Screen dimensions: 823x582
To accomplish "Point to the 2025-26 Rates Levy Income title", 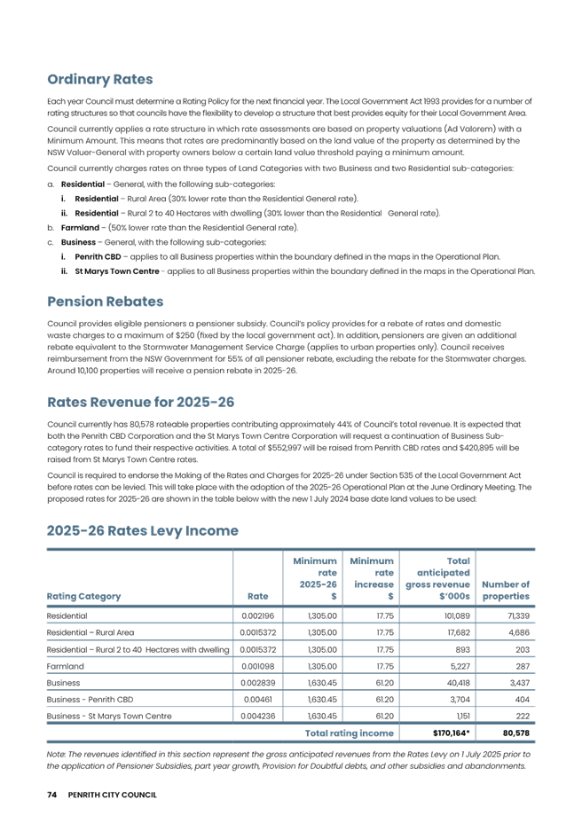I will point(142,531).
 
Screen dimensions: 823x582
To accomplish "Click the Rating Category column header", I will point(83,596).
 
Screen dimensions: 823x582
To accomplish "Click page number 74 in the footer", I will point(51,795).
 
